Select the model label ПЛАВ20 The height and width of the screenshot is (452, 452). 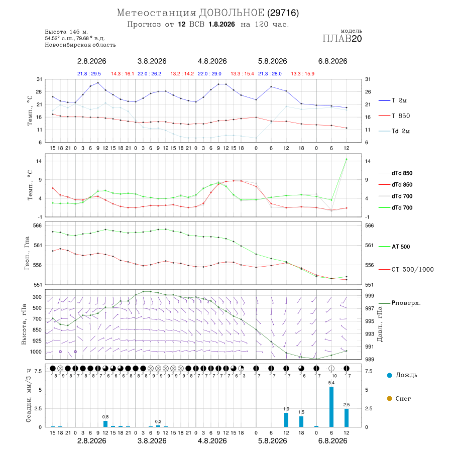(x=342, y=39)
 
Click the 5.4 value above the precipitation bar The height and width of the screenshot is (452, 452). (x=331, y=383)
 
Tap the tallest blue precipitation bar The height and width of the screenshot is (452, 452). (x=331, y=407)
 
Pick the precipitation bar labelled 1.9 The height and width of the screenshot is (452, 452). (x=286, y=420)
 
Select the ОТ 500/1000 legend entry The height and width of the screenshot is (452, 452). (x=406, y=270)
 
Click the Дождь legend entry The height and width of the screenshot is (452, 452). (x=402, y=375)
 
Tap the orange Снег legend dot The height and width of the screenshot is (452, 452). (x=389, y=398)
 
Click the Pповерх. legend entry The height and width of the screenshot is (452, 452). (x=400, y=303)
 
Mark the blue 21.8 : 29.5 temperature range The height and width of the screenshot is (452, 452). (x=89, y=74)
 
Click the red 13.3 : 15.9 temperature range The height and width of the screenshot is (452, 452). (x=303, y=74)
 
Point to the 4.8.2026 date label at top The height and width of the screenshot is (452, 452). (x=212, y=61)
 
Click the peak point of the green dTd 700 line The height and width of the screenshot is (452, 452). (x=347, y=159)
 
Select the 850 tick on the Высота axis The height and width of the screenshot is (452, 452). (x=37, y=330)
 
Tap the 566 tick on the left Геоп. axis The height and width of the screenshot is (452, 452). (x=38, y=225)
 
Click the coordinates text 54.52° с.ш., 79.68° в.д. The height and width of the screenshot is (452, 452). (x=75, y=38)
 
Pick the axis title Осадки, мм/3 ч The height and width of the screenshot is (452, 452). (x=29, y=395)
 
